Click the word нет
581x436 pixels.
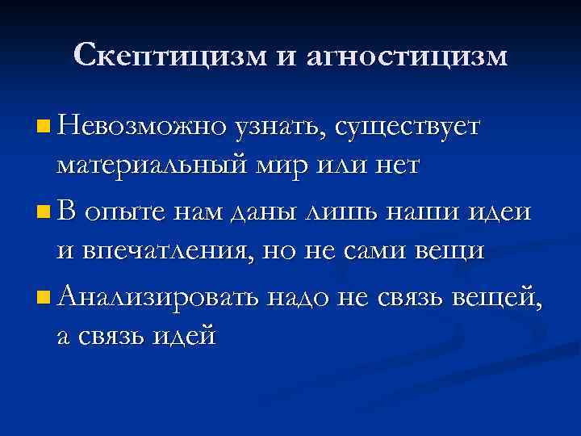click(393, 167)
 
